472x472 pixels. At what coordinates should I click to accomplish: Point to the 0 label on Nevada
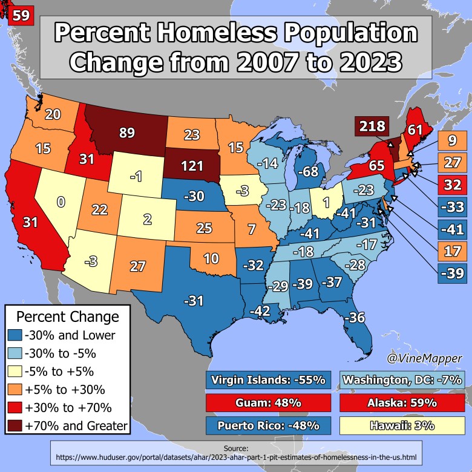click(x=61, y=202)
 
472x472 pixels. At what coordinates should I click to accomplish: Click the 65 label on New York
click(x=377, y=164)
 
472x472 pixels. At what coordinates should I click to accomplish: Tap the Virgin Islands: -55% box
click(x=268, y=381)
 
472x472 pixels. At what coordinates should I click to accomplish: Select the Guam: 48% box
click(x=268, y=402)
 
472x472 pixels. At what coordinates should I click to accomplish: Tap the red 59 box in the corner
click(x=20, y=15)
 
